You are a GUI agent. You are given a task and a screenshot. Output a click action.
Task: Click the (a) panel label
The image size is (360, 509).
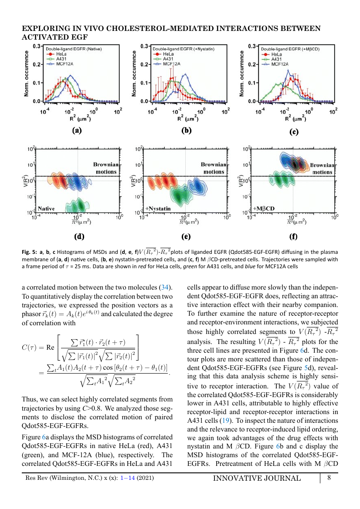click(77, 130)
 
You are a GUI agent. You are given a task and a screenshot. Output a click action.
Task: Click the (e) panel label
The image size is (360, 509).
click(186, 236)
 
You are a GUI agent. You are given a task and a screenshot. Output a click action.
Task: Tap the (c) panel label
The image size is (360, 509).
click(294, 132)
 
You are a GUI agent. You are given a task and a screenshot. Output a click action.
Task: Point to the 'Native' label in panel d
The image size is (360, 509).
click(46, 209)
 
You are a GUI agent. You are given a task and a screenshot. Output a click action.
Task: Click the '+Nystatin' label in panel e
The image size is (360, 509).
click(158, 209)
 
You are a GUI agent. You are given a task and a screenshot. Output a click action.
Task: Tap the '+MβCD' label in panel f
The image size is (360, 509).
click(264, 209)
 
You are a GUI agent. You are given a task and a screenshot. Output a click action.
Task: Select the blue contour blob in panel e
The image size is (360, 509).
click(196, 186)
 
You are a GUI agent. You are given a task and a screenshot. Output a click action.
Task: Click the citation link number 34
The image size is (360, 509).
click(165, 287)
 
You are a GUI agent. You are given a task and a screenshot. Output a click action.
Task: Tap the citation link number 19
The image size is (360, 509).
click(225, 421)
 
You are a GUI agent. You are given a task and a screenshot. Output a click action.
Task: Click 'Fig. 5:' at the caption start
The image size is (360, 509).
click(30, 252)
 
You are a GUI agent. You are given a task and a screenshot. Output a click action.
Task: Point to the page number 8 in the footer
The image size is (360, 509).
click(329, 478)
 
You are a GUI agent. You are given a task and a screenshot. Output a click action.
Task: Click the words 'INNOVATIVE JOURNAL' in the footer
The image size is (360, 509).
click(257, 478)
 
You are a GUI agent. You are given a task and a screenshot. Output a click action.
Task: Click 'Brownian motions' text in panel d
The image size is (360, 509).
click(106, 168)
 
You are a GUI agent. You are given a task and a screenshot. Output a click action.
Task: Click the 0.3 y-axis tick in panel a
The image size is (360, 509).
click(37, 46)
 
